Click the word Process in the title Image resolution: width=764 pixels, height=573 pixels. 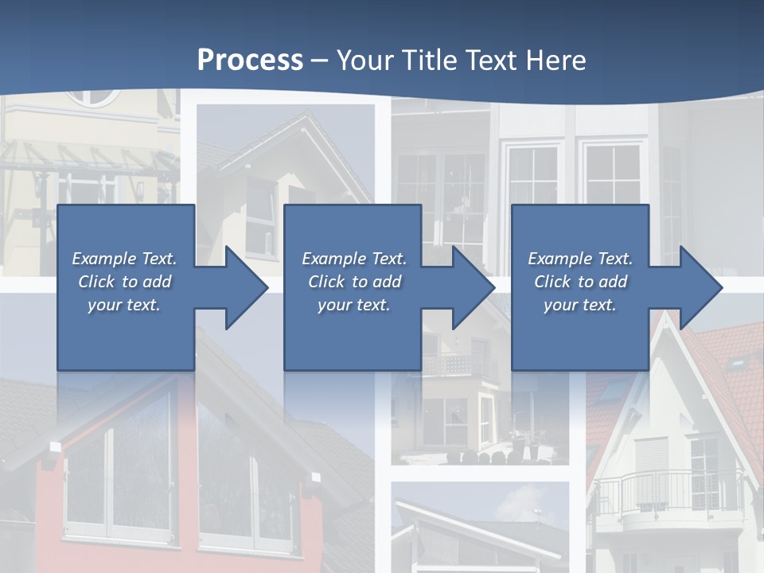pyautogui.click(x=250, y=60)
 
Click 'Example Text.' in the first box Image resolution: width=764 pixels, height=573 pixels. pyautogui.click(x=124, y=259)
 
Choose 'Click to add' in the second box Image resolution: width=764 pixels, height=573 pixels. pyautogui.click(x=354, y=282)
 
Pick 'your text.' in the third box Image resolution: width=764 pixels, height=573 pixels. pyautogui.click(x=580, y=305)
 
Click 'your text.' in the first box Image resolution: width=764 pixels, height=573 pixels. pyautogui.click(x=124, y=305)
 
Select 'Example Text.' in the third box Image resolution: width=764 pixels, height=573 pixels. pyautogui.click(x=580, y=259)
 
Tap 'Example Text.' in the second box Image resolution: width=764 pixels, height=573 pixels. pyautogui.click(x=354, y=259)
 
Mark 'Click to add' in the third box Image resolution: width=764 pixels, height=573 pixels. pyautogui.click(x=580, y=282)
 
